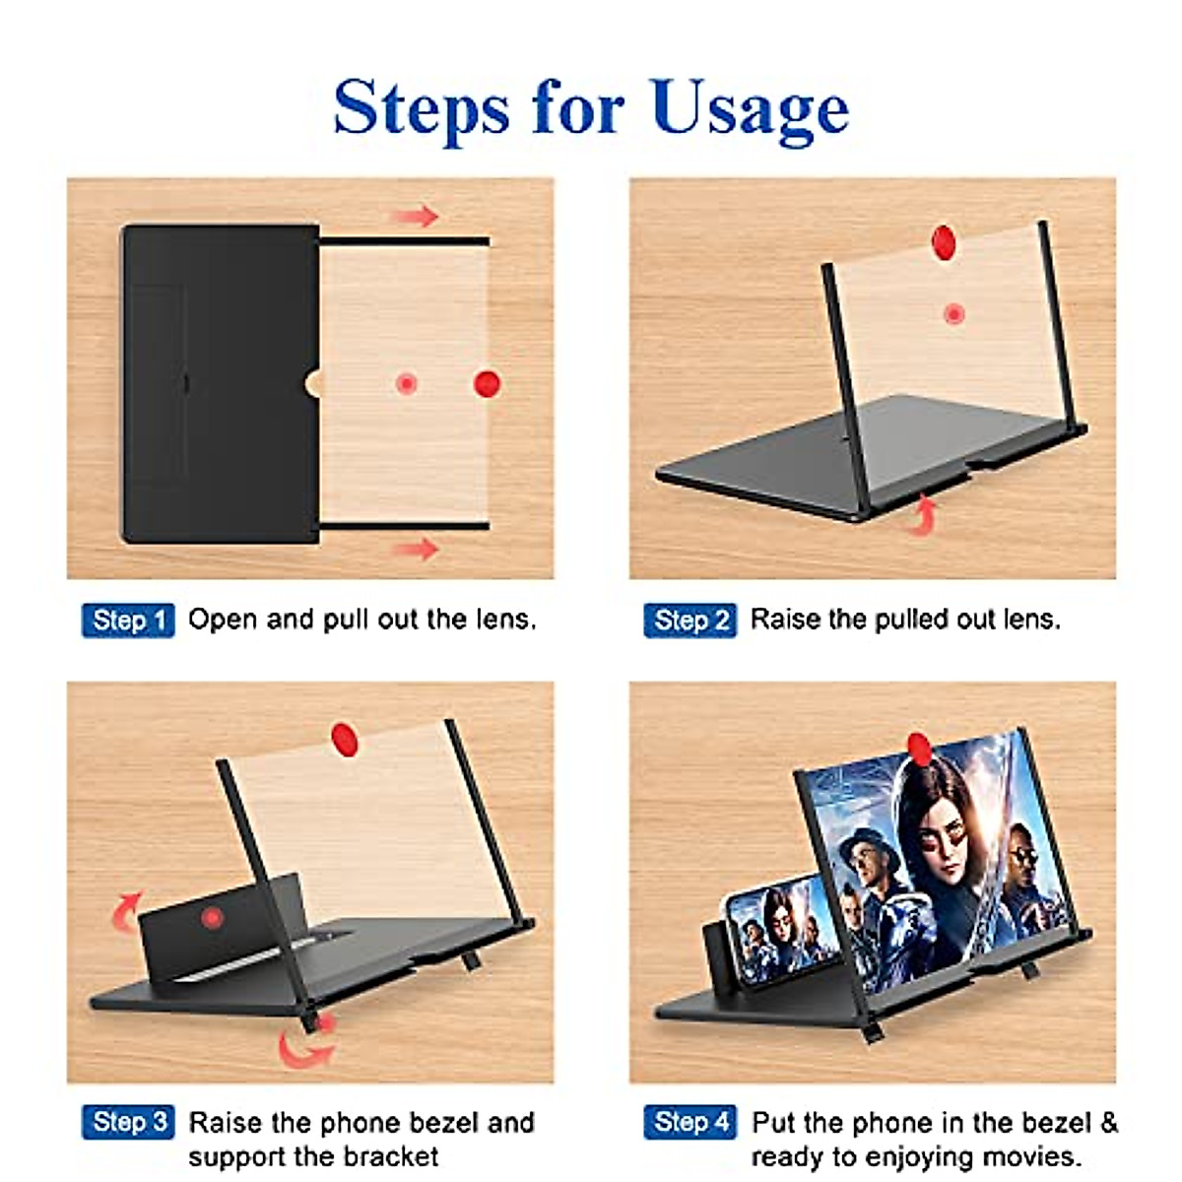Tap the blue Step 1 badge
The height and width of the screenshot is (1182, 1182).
pyautogui.click(x=128, y=621)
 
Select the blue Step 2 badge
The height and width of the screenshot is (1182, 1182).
pyautogui.click(x=690, y=621)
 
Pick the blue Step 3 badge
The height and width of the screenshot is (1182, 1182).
pyautogui.click(x=128, y=1122)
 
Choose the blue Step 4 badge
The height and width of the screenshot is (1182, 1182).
pyautogui.click(x=690, y=1122)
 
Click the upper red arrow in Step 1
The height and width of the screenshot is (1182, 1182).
pyautogui.click(x=416, y=216)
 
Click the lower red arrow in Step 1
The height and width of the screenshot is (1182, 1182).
pyautogui.click(x=416, y=549)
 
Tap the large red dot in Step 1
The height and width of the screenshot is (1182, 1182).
pyautogui.click(x=488, y=383)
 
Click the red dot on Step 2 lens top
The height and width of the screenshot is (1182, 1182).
pyautogui.click(x=945, y=241)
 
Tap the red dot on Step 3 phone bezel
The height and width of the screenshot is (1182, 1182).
pyautogui.click(x=212, y=918)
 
